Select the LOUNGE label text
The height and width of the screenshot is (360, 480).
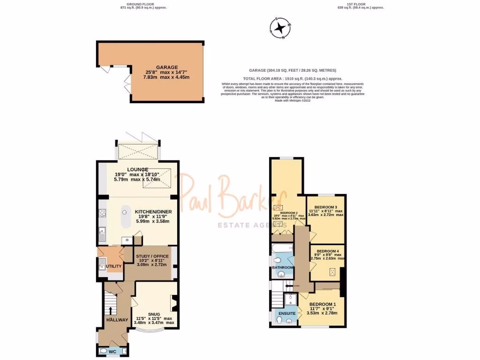click(x=137, y=169)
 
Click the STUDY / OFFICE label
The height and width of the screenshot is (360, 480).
click(x=152, y=256)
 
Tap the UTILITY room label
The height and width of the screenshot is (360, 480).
click(x=114, y=266)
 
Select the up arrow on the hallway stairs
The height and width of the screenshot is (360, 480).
click(x=111, y=311)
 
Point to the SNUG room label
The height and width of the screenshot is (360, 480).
click(x=154, y=314)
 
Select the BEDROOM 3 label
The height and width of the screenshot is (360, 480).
click(x=326, y=207)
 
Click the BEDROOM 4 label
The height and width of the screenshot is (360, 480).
click(x=328, y=251)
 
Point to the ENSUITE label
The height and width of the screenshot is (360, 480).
click(x=287, y=313)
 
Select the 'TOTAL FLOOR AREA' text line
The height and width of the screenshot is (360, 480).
click(x=292, y=78)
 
